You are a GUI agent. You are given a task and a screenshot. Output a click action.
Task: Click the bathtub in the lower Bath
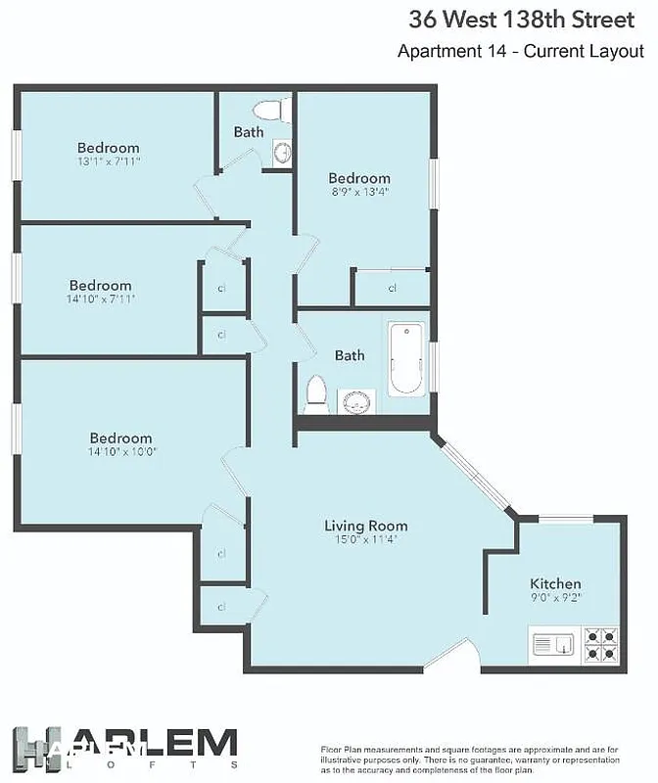tap(405, 358)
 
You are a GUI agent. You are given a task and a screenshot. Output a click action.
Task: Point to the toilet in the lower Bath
tap(316, 393)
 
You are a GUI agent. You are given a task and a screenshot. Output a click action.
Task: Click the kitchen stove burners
tap(599, 645)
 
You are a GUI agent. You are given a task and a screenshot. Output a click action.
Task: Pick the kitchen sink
tap(554, 645)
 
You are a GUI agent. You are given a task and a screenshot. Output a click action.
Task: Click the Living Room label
tap(365, 526)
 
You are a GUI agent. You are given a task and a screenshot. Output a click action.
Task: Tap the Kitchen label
tap(555, 583)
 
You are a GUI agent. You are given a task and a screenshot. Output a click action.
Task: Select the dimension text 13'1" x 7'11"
tap(109, 161)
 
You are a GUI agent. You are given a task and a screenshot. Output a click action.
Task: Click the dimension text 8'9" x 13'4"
tap(358, 192)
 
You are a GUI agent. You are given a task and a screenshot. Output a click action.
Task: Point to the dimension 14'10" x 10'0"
tap(121, 452)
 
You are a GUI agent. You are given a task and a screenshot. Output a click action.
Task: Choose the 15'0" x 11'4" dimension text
tap(365, 539)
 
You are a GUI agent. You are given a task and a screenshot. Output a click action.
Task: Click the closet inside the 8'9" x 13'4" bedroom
tap(392, 288)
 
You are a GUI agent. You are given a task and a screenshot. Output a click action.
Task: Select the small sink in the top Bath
tap(282, 153)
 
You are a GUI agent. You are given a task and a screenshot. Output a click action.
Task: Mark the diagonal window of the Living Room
tap(474, 475)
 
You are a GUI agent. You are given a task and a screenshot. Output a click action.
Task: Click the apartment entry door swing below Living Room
tap(446, 655)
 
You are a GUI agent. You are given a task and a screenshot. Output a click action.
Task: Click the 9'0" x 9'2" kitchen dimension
tap(555, 597)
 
